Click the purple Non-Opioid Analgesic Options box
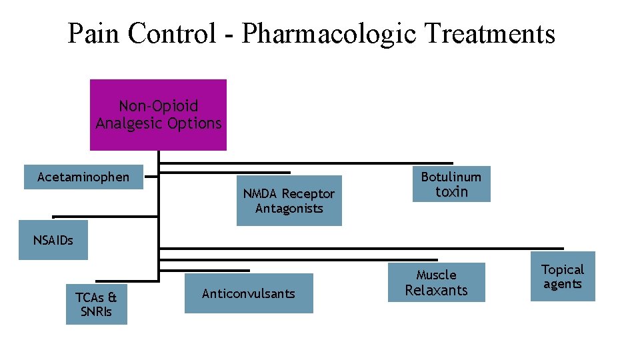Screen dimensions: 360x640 (158, 115)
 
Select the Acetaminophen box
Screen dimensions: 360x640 (83, 177)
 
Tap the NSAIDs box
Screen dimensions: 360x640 (53, 240)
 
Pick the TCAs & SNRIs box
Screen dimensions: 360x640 (96, 303)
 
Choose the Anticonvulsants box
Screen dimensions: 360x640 (248, 293)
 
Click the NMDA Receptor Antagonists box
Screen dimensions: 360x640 (289, 201)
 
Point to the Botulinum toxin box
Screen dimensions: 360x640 (451, 184)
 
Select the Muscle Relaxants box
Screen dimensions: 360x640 (436, 283)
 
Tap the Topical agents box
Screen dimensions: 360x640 (562, 276)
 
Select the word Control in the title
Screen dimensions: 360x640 (172, 33)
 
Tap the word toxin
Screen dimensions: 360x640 (452, 192)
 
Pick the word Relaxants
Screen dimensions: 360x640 (437, 291)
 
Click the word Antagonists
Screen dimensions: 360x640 (289, 209)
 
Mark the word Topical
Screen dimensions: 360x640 (563, 269)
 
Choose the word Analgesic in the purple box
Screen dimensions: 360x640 (126, 123)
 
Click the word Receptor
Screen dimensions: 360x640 (307, 194)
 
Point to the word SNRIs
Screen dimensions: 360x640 (97, 311)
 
